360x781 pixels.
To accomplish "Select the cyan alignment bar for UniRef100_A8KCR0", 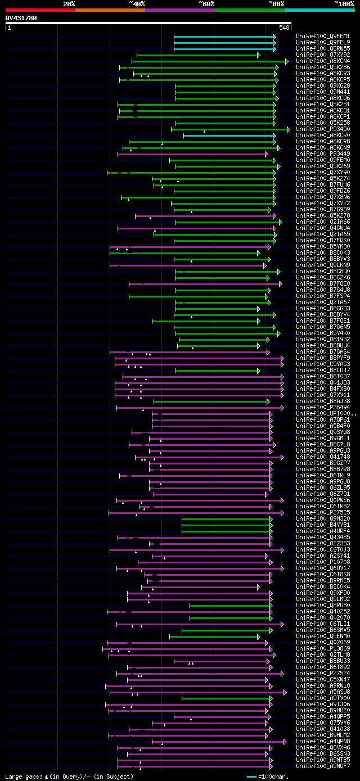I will coord(228,136).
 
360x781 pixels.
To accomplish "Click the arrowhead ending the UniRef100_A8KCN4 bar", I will coord(286,61).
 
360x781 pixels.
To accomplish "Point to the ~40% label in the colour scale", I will coord(137,4).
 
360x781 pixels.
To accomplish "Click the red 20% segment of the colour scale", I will coord(40,10).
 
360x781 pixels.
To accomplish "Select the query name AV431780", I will coord(21,18).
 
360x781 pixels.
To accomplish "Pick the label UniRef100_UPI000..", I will coord(325,414).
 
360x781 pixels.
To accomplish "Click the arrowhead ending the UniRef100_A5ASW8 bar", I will coord(285,692).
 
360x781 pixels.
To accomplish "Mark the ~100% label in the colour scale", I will coord(344,4).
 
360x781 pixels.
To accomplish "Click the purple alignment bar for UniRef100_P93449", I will coord(191,154).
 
